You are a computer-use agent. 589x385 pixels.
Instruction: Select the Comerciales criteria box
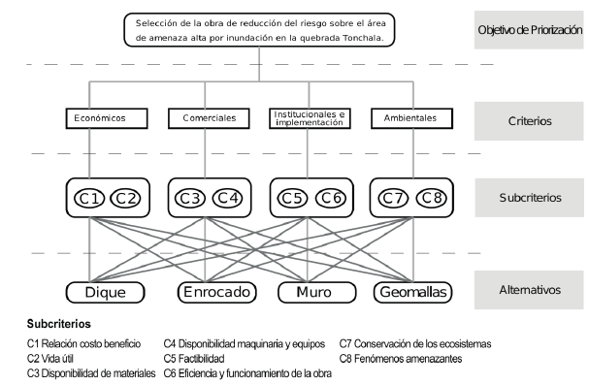210,118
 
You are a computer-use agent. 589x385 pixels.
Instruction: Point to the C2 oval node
127,200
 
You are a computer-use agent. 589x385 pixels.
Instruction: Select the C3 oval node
190,200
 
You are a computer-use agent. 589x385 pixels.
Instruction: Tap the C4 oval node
228,200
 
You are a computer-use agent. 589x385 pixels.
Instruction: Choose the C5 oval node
291,200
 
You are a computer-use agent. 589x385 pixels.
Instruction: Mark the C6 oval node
329,200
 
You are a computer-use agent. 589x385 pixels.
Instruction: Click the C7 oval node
391,200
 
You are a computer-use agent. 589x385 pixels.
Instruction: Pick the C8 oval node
430,200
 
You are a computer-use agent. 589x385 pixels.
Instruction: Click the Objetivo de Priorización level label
530,30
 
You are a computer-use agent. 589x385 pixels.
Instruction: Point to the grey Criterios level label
530,122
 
